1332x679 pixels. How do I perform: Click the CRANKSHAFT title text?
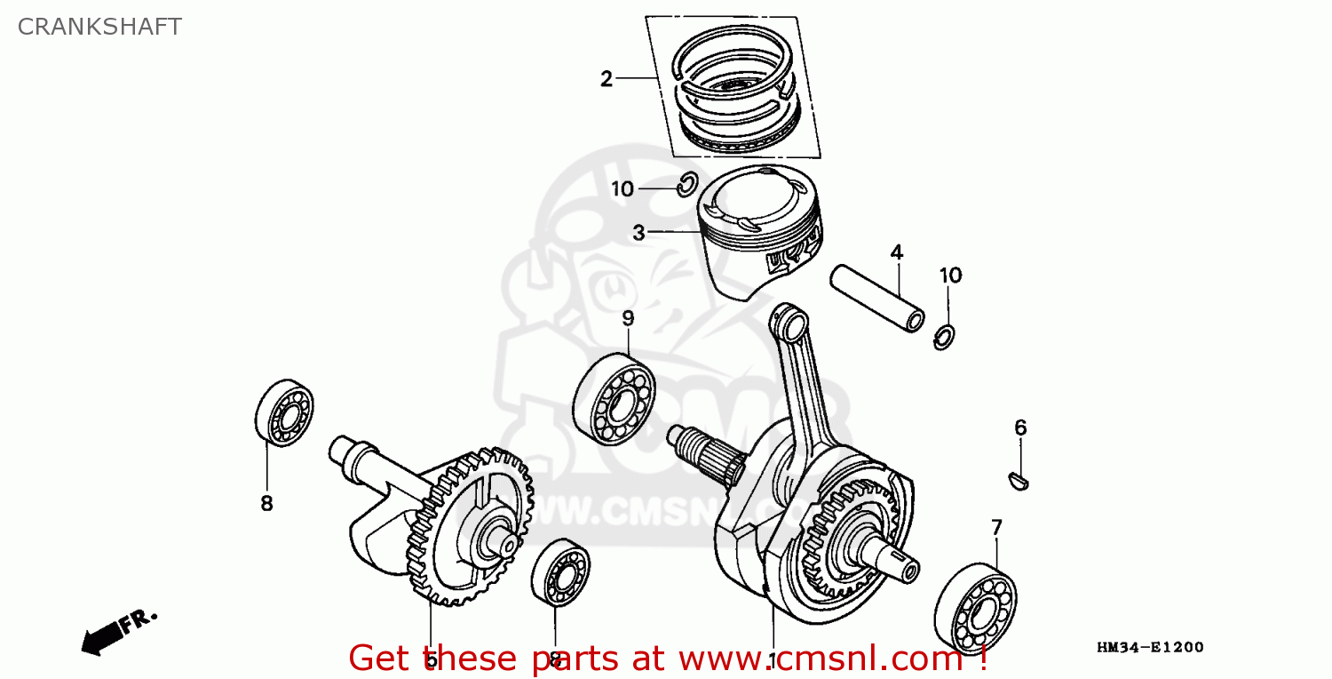[x=99, y=27]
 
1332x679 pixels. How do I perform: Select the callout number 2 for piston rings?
[x=607, y=79]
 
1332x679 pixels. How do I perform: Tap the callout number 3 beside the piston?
[x=638, y=233]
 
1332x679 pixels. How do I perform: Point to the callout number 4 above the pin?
[x=897, y=252]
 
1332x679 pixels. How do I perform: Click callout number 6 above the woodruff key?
[x=1020, y=428]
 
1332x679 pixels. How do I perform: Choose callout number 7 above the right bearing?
[x=996, y=528]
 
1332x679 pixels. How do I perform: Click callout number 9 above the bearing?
[x=628, y=318]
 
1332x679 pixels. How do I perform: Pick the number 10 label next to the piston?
[x=622, y=188]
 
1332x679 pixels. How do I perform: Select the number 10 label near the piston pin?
[x=950, y=276]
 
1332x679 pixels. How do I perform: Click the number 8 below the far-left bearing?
[x=266, y=503]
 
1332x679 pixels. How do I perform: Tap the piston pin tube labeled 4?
[x=876, y=299]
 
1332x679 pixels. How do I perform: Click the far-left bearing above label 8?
[x=284, y=411]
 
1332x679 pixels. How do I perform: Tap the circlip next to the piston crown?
[x=686, y=185]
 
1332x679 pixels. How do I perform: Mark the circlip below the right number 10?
[x=947, y=338]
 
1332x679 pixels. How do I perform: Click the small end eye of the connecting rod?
[x=786, y=316]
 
